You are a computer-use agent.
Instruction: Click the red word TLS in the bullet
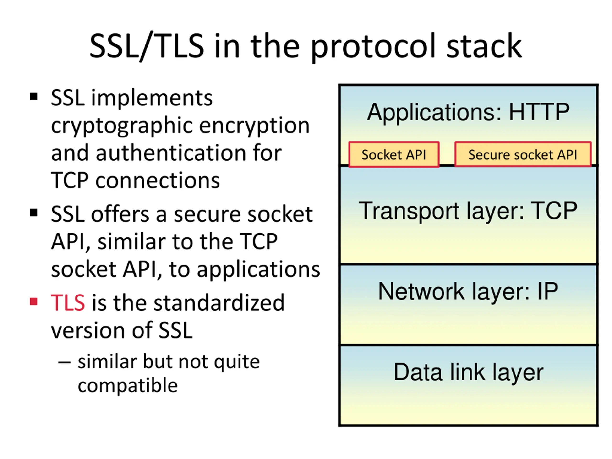pos(68,302)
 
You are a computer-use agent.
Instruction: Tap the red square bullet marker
pos(33,301)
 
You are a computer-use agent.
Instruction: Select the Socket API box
pos(394,155)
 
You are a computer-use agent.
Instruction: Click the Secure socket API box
pos(523,155)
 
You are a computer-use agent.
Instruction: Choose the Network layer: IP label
pos(468,291)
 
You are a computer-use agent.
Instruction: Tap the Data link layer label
pos(468,372)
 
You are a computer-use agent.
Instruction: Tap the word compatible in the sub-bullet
pos(128,385)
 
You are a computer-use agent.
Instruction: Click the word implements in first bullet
pos(152,98)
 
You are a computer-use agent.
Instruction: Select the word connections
pos(158,181)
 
